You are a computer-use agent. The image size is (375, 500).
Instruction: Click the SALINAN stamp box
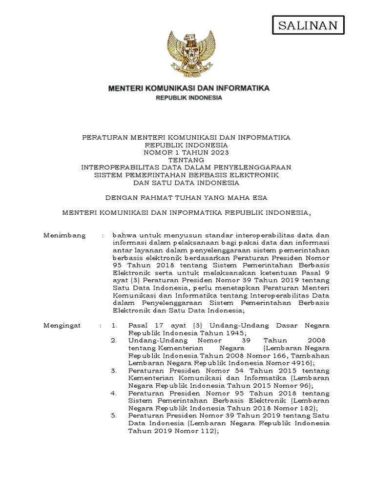(308, 26)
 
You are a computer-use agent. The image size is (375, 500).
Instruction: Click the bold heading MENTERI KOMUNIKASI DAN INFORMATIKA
(188, 88)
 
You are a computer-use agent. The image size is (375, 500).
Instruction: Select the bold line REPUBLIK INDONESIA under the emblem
(188, 98)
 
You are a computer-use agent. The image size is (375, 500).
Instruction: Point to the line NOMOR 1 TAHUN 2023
(186, 152)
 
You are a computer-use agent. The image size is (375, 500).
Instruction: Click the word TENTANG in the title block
(186, 160)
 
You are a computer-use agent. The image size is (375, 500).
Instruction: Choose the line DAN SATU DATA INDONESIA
(186, 183)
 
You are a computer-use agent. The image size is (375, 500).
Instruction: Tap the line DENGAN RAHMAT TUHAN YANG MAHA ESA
(187, 197)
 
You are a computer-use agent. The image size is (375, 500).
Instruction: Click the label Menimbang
(64, 235)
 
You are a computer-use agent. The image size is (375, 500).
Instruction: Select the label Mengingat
(62, 325)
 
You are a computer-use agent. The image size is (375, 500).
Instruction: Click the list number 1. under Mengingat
(114, 325)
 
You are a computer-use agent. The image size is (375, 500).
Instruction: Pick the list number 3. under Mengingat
(114, 371)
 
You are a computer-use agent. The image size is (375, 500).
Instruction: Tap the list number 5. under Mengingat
(114, 416)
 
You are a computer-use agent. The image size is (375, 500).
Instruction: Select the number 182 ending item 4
(307, 408)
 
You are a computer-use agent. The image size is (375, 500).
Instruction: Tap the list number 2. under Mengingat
(114, 340)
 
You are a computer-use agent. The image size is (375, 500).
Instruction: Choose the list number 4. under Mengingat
(114, 393)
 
